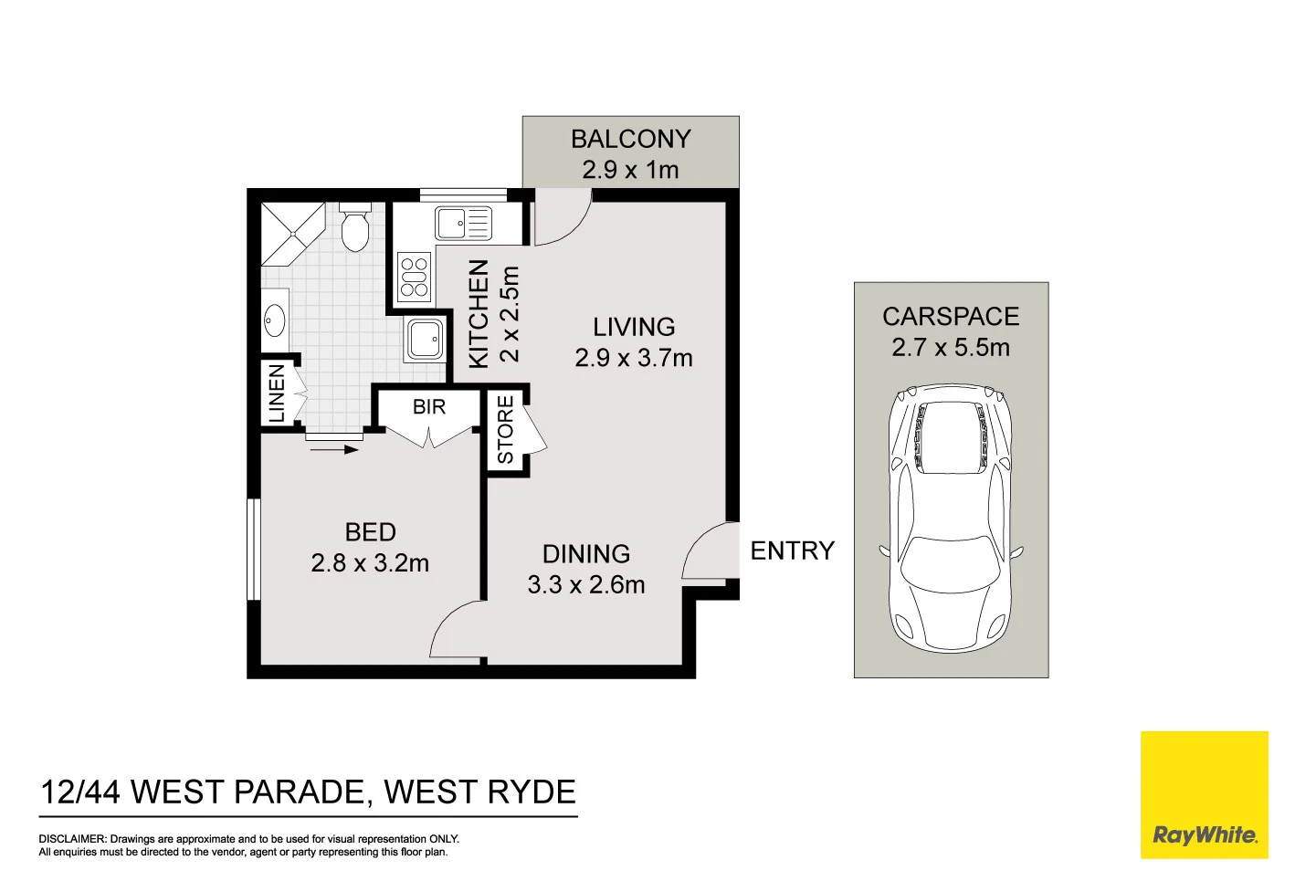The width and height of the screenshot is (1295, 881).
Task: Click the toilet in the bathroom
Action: (x=354, y=228)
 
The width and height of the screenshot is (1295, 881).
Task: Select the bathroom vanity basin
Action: (x=274, y=320)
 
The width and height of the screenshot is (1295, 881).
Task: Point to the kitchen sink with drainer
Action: (x=463, y=223)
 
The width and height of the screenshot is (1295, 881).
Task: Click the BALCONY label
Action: (x=630, y=139)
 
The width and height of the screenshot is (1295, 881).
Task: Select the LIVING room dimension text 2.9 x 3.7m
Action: (x=634, y=358)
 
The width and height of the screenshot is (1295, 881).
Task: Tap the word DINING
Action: (x=586, y=554)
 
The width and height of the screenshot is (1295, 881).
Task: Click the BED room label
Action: (x=370, y=532)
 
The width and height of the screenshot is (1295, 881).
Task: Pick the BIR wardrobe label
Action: (x=429, y=406)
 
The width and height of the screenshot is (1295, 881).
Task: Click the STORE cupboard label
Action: (x=505, y=430)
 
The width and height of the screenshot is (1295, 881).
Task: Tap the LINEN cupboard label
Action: (x=277, y=393)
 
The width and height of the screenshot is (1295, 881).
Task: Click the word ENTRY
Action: (x=792, y=551)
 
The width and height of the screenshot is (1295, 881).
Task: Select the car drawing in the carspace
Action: (x=951, y=518)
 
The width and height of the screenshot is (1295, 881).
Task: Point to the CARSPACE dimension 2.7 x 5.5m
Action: (x=951, y=348)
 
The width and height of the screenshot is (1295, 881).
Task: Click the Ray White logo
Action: (x=1204, y=795)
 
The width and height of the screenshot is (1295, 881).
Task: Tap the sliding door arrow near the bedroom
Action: (x=334, y=449)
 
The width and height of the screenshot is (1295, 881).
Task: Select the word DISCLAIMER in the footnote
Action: (x=72, y=839)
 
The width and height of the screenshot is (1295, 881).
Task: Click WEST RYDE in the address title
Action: (x=479, y=792)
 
